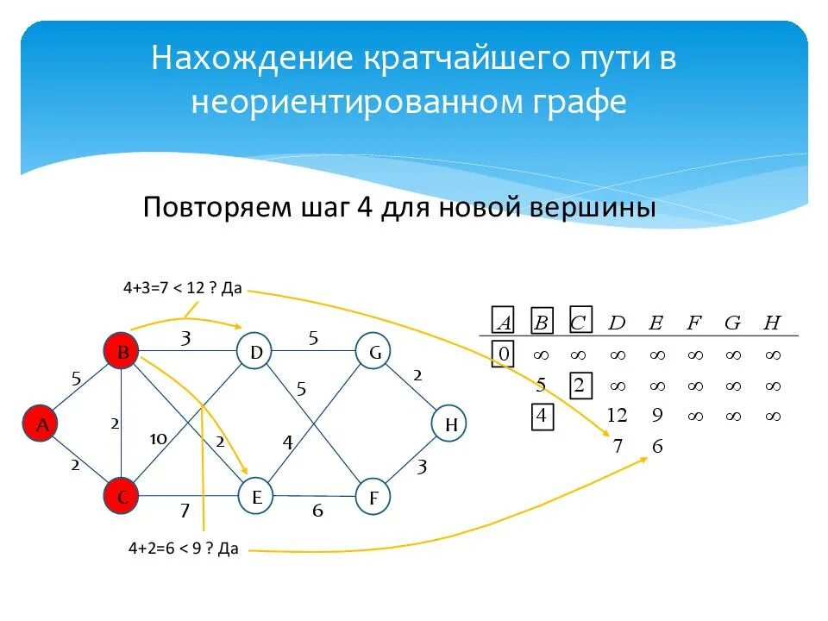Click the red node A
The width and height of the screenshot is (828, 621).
click(x=41, y=423)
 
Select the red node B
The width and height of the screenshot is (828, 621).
click(x=122, y=352)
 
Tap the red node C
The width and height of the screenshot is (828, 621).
click(x=122, y=496)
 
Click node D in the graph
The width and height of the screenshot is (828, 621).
click(x=255, y=352)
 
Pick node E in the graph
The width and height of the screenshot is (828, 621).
click(x=256, y=496)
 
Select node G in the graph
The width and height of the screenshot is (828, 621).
click(x=373, y=352)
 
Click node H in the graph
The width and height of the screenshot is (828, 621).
click(x=449, y=423)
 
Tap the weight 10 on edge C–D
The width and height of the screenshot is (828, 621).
click(x=158, y=439)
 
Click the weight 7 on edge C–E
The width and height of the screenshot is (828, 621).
click(x=184, y=511)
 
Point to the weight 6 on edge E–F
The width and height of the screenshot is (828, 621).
click(x=317, y=511)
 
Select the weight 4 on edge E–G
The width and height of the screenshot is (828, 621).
click(x=288, y=442)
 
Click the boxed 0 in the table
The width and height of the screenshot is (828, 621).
click(x=503, y=354)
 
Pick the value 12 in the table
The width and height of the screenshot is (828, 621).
click(x=616, y=416)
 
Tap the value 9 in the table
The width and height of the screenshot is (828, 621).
click(x=656, y=416)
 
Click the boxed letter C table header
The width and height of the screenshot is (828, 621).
click(x=578, y=323)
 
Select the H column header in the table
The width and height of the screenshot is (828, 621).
click(x=772, y=323)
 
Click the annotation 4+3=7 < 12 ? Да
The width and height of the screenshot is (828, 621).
click(x=182, y=287)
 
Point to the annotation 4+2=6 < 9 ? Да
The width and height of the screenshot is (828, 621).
click(x=183, y=548)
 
